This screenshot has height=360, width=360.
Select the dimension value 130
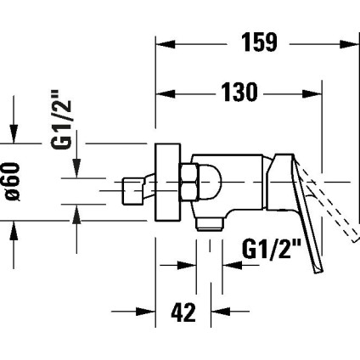pyautogui.click(x=239, y=93)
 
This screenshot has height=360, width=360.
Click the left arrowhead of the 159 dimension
pyautogui.click(x=165, y=41)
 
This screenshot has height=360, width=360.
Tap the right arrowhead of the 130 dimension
pyautogui.click(x=314, y=93)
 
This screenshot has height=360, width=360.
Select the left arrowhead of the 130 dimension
pyautogui.click(x=165, y=93)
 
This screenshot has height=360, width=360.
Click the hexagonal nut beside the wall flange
pyautogui.click(x=188, y=181)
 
